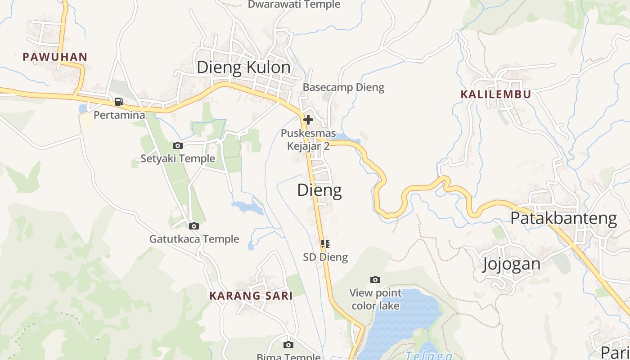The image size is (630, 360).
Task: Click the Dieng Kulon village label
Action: click(243, 67)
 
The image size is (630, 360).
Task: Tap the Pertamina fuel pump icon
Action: click(119, 102)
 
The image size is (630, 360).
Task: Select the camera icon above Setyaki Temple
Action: click(178, 145)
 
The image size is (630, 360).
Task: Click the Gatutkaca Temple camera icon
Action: click(194, 226)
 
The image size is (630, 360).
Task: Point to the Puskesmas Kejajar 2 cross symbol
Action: click(308, 120)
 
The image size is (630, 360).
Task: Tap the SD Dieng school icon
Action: click(325, 244)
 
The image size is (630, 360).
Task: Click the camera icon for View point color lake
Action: click(375, 279)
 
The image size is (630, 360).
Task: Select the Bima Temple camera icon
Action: click(288, 345)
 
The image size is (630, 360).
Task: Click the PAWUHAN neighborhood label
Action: click(55, 57)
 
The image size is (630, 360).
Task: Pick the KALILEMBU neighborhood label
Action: click(495, 94)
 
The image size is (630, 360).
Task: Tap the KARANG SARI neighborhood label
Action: click(251, 296)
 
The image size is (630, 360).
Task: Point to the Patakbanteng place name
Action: click(563, 218)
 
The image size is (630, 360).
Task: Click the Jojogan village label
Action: click(511, 264)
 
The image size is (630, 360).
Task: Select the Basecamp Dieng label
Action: click(343, 87)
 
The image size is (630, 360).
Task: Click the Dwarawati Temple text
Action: click(294, 4)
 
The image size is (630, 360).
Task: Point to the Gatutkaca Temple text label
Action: click(194, 239)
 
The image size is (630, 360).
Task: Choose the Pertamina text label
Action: click(119, 115)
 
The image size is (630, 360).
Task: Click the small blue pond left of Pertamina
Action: click(83, 109)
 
